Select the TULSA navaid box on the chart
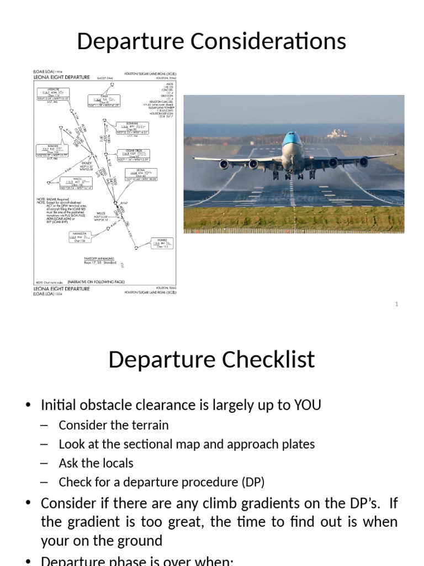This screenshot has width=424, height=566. [x=104, y=100]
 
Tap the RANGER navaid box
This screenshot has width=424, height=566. [x=51, y=149]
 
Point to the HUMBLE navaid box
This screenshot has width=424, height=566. [x=161, y=243]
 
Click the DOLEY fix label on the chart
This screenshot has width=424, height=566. [x=87, y=164]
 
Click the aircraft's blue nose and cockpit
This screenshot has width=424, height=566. [x=292, y=142]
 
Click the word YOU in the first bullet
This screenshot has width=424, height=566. [x=308, y=405]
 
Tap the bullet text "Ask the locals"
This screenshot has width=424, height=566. [x=96, y=463]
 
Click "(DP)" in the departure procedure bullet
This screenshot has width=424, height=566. [x=252, y=482]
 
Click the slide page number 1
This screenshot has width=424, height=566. [x=396, y=304]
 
